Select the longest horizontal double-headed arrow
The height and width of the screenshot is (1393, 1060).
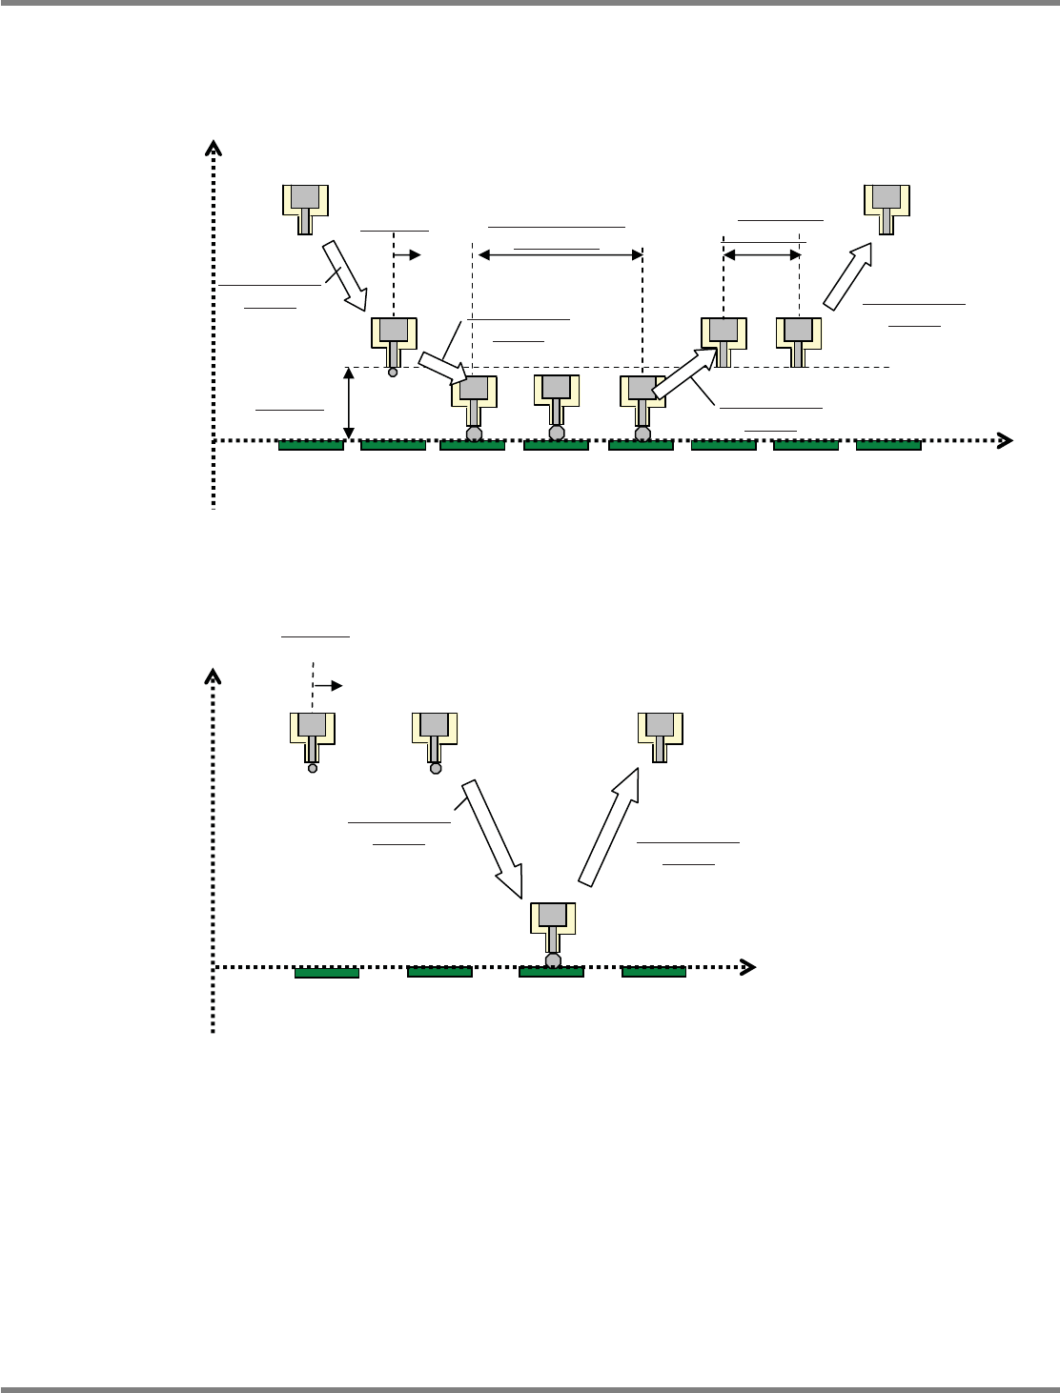click(560, 254)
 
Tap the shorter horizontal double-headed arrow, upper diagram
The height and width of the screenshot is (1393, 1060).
click(762, 254)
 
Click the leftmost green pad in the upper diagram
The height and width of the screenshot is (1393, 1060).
click(311, 445)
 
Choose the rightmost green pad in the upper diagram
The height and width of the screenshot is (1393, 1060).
click(888, 445)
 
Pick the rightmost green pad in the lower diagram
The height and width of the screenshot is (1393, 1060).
click(654, 972)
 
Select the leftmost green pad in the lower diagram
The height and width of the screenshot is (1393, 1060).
click(326, 972)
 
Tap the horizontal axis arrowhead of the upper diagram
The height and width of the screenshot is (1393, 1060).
click(1003, 440)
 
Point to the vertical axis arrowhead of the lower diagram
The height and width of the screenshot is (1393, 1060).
click(214, 677)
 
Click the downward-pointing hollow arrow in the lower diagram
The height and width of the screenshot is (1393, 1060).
click(493, 838)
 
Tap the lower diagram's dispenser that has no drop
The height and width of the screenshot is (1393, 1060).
click(661, 735)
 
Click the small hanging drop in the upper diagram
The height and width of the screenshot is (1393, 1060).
click(392, 373)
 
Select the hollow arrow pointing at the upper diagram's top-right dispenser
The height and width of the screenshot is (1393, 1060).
click(848, 275)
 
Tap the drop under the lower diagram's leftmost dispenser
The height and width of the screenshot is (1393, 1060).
click(312, 768)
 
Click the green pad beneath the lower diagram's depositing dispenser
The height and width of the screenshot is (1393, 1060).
click(551, 972)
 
